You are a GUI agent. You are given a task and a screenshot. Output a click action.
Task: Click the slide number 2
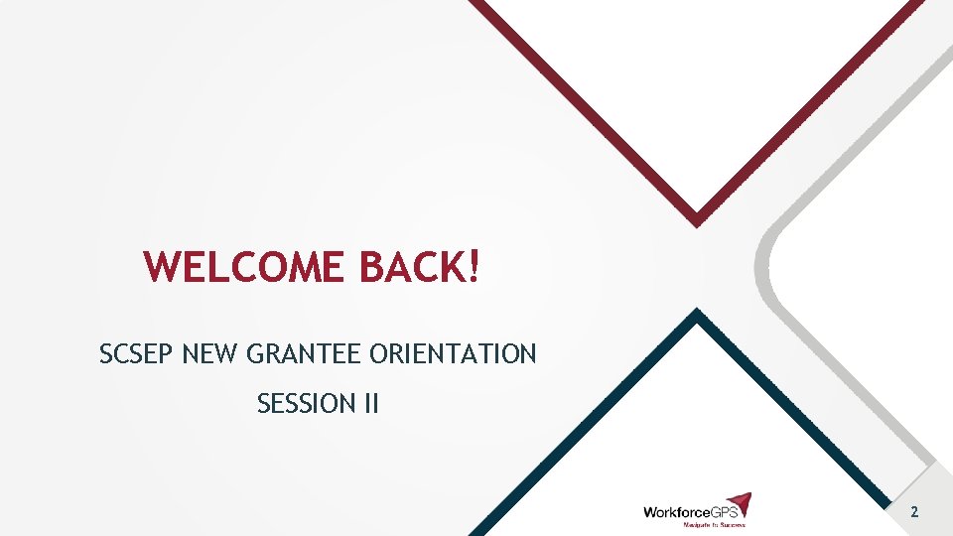913,512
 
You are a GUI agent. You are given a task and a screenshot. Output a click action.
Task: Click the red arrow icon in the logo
739,503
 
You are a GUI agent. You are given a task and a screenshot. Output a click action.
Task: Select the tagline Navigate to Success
713,524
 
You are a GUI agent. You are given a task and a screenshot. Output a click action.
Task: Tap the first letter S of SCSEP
106,353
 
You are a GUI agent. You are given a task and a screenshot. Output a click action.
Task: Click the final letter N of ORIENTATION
527,353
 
